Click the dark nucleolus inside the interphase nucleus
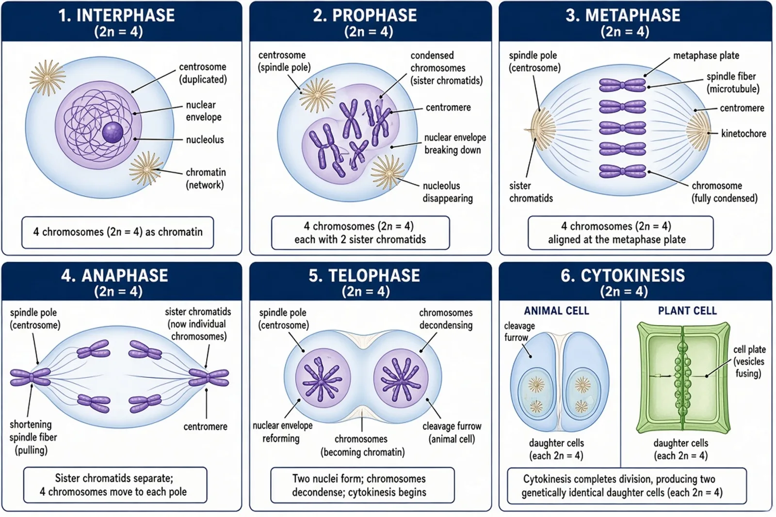tap(113, 132)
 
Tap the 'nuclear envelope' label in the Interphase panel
tap(204, 111)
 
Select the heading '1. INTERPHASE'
tap(117, 15)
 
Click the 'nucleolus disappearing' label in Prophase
tap(448, 192)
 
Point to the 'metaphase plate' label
tap(706, 55)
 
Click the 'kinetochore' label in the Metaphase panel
tap(744, 134)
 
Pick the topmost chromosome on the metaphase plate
tap(623, 85)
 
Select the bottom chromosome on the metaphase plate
tap(623, 171)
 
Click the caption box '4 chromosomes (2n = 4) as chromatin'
tap(118, 232)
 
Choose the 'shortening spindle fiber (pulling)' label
tap(33, 438)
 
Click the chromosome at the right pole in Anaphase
tap(209, 377)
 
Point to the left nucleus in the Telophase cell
tap(323, 378)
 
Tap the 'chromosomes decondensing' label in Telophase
tap(446, 319)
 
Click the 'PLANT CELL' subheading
tap(687, 311)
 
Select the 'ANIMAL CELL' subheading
tap(556, 311)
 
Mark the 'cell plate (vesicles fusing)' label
tap(749, 361)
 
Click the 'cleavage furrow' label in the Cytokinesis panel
tap(519, 331)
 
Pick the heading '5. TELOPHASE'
tap(364, 276)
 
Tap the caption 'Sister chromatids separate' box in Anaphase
tap(115, 485)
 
